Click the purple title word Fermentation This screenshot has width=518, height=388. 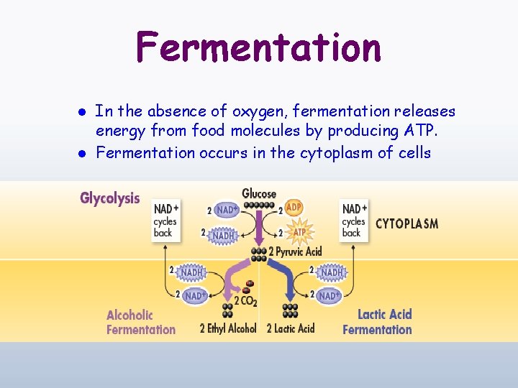click(258, 47)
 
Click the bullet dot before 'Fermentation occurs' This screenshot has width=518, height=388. click(83, 153)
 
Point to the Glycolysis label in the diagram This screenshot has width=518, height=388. click(109, 198)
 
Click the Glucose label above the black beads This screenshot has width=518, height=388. click(259, 193)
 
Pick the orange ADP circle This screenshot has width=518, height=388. click(294, 208)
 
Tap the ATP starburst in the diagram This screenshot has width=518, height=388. click(299, 231)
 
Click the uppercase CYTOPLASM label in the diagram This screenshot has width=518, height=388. click(406, 223)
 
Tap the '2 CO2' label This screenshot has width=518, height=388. click(245, 301)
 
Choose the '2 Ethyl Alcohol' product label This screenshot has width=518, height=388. click(227, 328)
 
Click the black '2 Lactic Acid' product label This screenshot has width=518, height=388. click(291, 328)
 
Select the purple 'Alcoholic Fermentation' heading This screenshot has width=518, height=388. click(140, 322)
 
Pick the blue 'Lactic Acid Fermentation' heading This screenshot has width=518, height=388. click(378, 322)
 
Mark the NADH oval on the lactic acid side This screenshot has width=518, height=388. click(331, 272)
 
